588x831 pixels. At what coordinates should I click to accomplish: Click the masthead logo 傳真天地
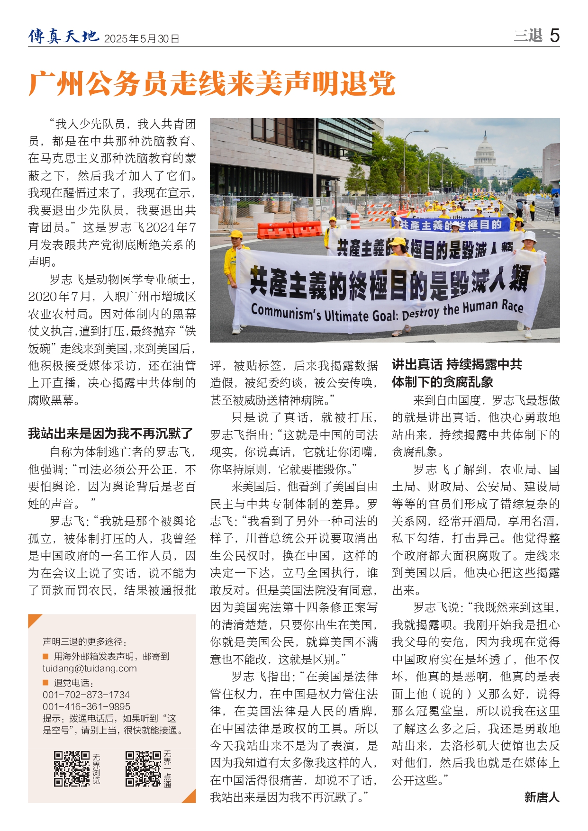pos(63,36)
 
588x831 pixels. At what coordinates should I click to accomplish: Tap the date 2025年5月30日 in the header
pos(141,39)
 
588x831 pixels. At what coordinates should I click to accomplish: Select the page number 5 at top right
pos(554,36)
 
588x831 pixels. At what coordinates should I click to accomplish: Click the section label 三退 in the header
pos(528,36)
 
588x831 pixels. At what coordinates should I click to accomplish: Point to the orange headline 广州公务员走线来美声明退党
pos(212,84)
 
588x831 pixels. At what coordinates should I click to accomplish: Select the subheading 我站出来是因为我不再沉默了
pos(110,433)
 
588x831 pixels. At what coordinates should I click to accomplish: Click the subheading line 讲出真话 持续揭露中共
pos(457,364)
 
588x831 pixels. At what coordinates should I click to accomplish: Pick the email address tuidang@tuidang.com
pos(90,668)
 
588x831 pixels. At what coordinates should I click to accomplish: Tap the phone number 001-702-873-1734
pos(86,695)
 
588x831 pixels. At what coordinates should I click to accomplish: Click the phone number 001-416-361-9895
pos(86,706)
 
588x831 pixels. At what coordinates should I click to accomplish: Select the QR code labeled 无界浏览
pos(72,768)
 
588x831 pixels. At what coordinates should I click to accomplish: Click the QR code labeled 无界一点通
pos(143,768)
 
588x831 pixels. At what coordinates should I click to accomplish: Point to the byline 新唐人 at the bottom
pos(542,797)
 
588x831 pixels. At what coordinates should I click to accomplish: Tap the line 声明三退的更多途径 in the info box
pos(85,641)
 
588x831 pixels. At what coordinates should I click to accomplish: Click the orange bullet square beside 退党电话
pos(46,683)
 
